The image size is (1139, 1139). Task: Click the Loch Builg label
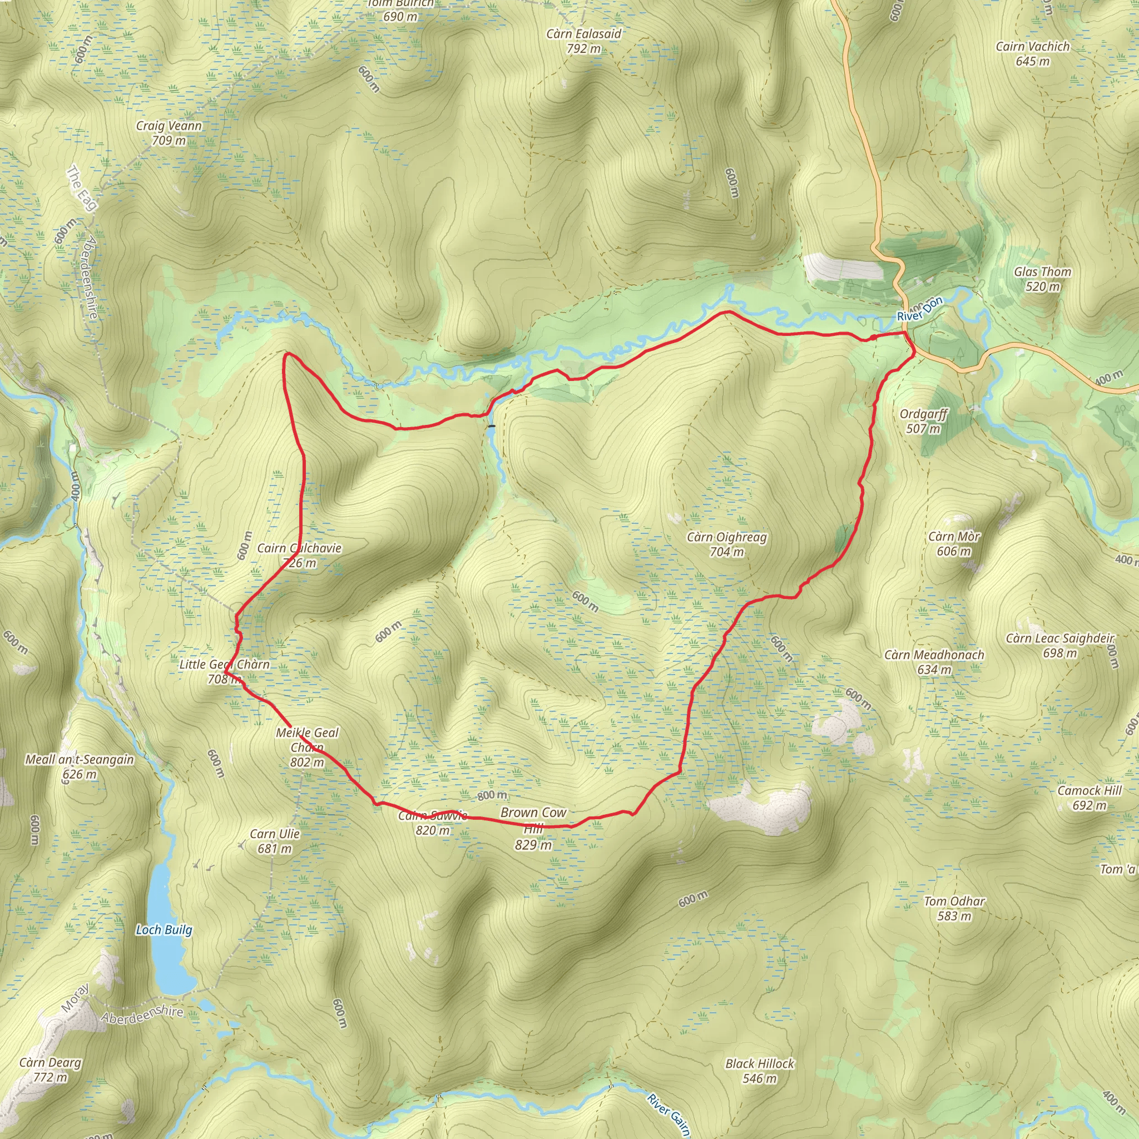tap(164, 930)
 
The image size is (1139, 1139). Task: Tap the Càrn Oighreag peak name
tap(726, 537)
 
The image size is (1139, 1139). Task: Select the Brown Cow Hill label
tap(533, 820)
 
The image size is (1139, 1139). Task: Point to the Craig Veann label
tap(169, 126)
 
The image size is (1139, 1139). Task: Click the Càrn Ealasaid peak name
tap(583, 33)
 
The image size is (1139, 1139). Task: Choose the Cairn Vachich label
tap(1032, 47)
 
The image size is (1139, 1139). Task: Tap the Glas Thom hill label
tap(1042, 272)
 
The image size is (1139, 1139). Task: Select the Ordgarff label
tap(923, 414)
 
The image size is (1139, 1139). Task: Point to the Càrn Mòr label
tap(954, 537)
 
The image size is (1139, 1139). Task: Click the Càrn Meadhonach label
tap(934, 655)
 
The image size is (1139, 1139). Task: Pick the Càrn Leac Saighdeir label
tap(1060, 638)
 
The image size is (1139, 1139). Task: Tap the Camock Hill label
tap(1090, 791)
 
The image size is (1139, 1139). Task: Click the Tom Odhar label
tap(954, 902)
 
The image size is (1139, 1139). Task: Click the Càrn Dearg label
tap(50, 1062)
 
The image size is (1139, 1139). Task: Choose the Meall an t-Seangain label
tap(80, 759)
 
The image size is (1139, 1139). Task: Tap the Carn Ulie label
tap(275, 834)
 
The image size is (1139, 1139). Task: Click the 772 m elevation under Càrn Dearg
tap(50, 1077)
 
